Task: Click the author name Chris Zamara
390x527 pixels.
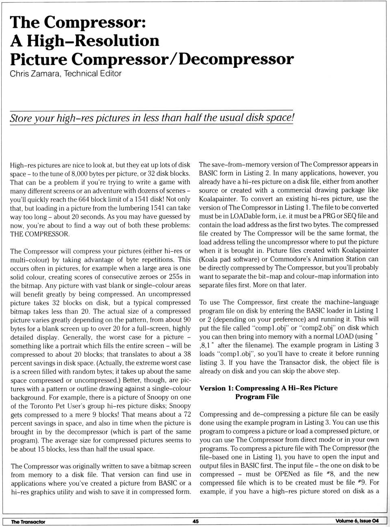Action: click(x=35, y=74)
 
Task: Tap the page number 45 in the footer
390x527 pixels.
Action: click(x=195, y=521)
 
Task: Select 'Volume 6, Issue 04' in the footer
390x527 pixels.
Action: click(x=357, y=521)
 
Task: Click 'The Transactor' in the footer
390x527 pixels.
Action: click(x=28, y=522)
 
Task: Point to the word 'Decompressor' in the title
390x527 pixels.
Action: click(x=236, y=59)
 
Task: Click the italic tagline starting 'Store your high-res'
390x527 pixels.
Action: click(x=151, y=118)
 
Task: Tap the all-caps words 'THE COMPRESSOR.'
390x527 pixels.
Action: click(x=40, y=234)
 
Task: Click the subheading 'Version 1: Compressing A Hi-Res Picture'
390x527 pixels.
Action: click(x=269, y=388)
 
